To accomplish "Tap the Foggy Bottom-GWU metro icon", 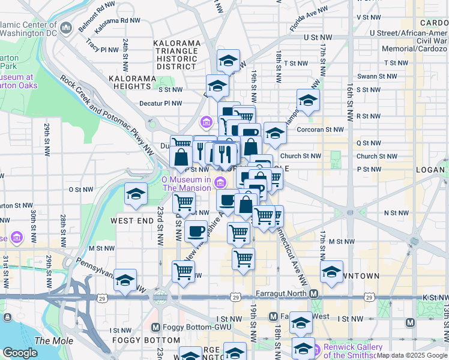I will coord(155,328).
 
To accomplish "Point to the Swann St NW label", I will coord(375,77).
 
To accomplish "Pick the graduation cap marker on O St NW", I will coord(136,194).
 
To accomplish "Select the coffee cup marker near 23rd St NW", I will coord(196,230).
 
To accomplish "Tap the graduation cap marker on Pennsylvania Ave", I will coord(125,280).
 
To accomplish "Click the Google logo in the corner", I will coord(20,353).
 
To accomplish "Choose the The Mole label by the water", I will coord(46,341).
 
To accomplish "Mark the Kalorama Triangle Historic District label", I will coord(176,55).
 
